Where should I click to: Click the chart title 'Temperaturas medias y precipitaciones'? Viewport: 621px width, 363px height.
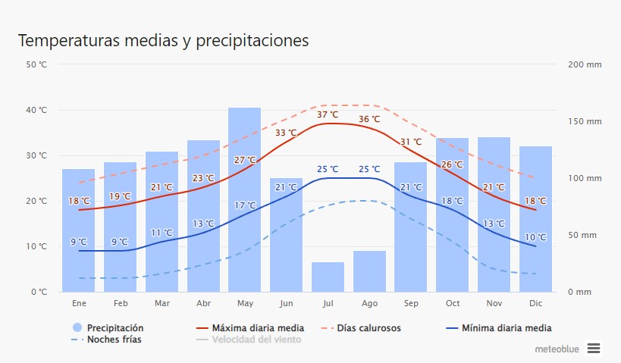coord(163,40)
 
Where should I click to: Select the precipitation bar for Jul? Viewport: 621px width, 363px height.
coord(328,277)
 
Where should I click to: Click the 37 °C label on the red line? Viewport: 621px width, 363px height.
coord(328,114)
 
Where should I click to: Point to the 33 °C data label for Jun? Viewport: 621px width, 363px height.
coord(286,133)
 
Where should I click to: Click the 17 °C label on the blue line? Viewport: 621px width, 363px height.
coord(245,205)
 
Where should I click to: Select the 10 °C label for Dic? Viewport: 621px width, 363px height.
coord(535,237)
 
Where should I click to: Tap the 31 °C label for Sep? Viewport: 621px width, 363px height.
coord(411,142)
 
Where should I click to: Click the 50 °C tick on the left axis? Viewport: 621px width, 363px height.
coord(36,64)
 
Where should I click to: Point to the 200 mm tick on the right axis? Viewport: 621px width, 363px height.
coord(584,64)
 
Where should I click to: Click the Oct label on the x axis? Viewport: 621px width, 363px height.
coord(453,303)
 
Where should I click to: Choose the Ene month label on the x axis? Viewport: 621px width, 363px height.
coord(79,303)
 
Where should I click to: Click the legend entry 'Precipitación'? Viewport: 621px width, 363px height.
coord(114,328)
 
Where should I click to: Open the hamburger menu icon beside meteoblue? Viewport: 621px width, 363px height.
coord(594,348)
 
